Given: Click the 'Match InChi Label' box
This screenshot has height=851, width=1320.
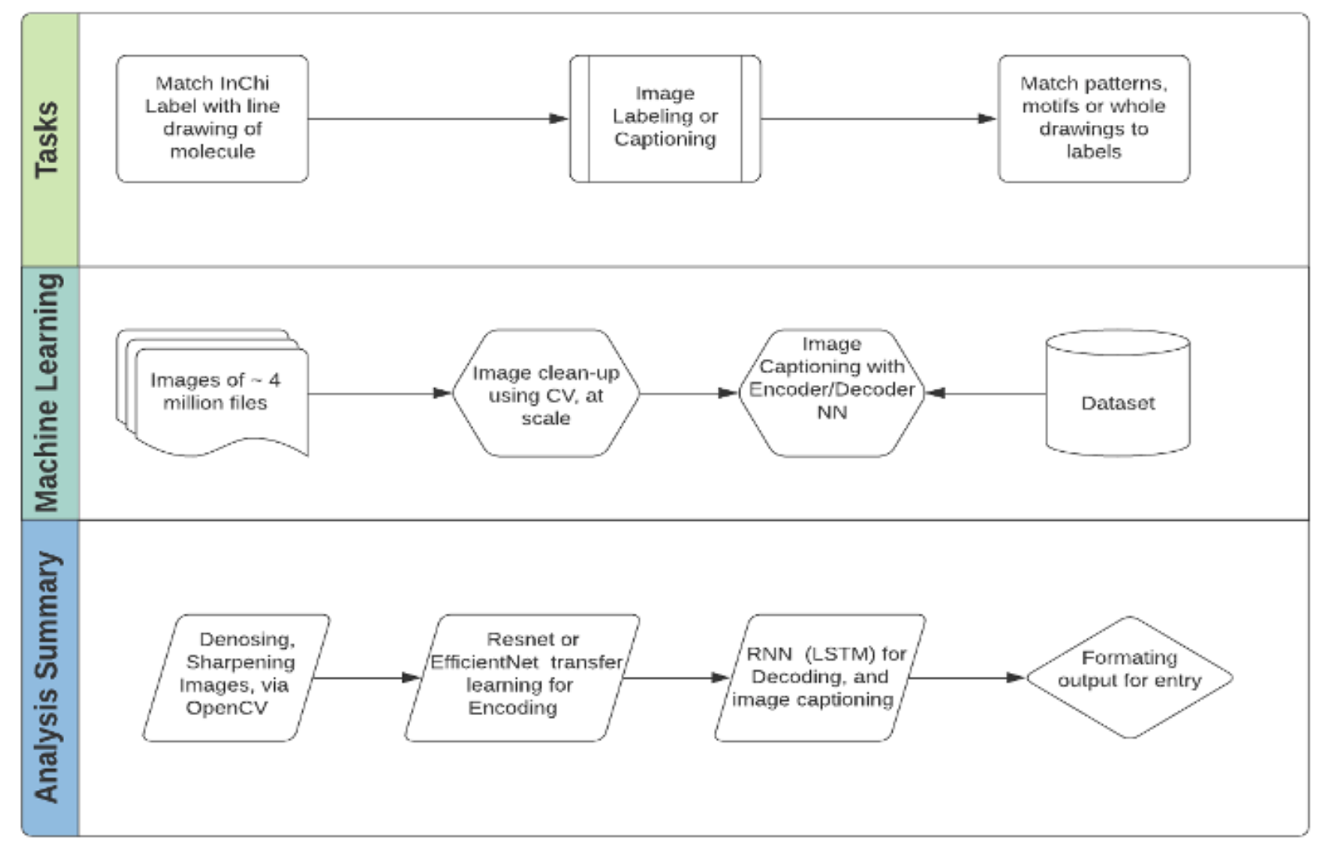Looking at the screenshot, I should pos(212,118).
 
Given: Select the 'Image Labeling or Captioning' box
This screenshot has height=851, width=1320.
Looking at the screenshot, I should pos(665,118).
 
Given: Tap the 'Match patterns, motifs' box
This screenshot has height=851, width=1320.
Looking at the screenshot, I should pos(1093,118).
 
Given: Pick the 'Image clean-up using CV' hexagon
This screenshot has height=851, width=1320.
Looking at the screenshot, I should pos(545,394).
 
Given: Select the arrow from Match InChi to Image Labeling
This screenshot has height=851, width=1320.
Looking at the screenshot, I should pos(437,119).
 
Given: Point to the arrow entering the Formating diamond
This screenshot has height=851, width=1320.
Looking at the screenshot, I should pos(967,678).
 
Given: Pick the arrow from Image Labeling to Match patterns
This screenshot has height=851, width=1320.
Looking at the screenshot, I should pos(879,119).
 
